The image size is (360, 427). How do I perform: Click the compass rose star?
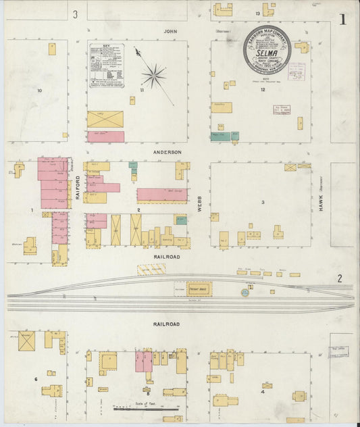(x=154, y=76)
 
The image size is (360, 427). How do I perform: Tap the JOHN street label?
(x=171, y=31)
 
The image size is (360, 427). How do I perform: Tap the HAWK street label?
(x=322, y=203)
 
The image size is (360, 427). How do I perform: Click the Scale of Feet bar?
(x=146, y=408)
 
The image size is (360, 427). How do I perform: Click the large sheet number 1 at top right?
(x=343, y=19)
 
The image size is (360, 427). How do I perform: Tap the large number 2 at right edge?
(x=340, y=278)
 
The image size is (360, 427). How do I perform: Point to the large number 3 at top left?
(x=76, y=14)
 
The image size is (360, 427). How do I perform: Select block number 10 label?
(x=40, y=90)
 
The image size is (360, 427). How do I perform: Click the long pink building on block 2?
(x=162, y=195)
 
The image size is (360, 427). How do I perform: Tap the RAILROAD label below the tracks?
(x=166, y=324)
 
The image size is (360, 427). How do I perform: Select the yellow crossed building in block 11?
(x=105, y=119)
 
